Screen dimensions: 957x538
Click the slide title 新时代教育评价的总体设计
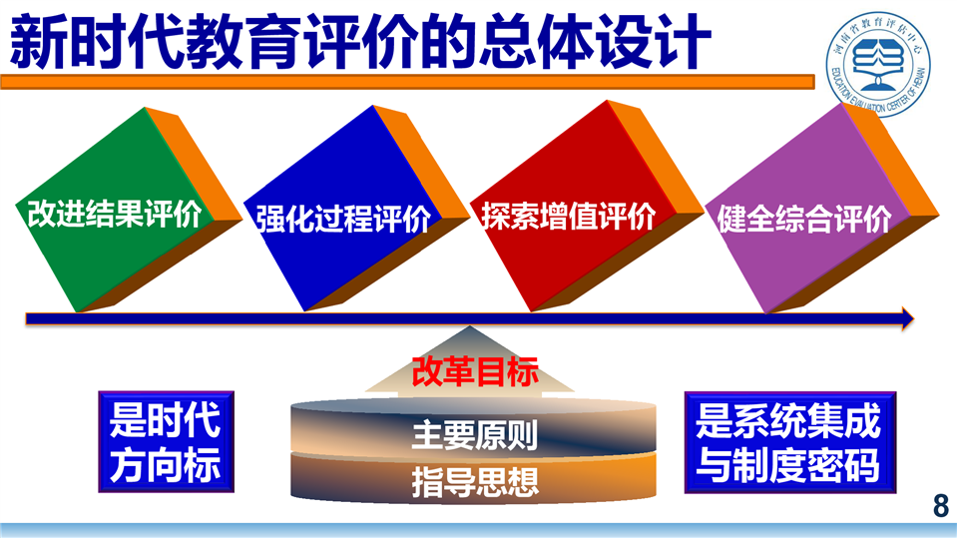(x=360, y=42)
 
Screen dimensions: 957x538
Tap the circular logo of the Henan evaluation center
(x=878, y=64)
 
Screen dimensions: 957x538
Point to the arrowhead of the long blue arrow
(x=907, y=318)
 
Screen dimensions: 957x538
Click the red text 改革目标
(x=475, y=371)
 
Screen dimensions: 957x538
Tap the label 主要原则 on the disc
(x=475, y=435)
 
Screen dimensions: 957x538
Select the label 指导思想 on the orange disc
(x=475, y=482)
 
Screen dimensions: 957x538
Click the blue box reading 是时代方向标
(x=166, y=442)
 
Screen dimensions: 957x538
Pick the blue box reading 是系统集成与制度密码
(x=789, y=443)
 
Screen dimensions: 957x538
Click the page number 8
(x=940, y=506)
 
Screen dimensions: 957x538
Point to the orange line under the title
(x=408, y=82)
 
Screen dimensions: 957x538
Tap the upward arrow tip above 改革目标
(x=469, y=327)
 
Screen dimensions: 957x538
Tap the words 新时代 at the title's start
(x=97, y=42)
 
